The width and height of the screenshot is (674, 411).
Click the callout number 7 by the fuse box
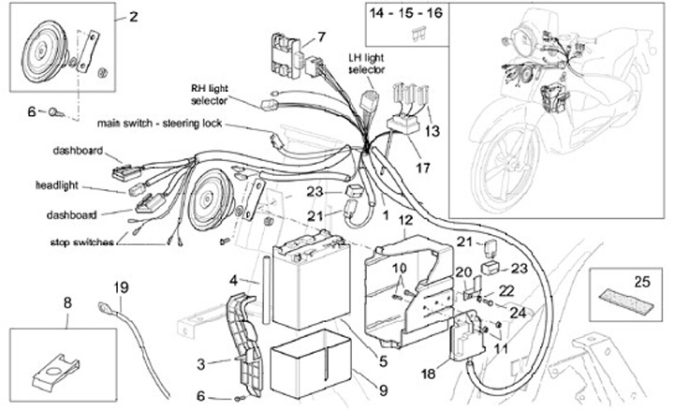321,37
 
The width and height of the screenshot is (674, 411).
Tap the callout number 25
642,282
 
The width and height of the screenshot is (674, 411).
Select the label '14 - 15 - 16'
405,13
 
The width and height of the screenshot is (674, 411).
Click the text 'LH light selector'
366,64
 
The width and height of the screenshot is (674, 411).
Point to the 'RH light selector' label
210,95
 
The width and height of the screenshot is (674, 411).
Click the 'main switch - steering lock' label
159,124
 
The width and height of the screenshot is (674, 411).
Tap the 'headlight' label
57,185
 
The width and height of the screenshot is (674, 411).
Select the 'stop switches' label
82,242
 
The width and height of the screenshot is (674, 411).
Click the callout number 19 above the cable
121,286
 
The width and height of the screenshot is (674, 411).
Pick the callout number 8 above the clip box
67,302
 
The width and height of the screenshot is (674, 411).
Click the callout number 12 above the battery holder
405,220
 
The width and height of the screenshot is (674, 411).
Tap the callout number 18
428,374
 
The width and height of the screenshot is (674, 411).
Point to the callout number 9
383,389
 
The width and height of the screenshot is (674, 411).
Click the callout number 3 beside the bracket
200,364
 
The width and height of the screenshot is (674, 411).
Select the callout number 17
423,168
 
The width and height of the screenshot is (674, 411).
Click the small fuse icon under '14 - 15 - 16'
418,34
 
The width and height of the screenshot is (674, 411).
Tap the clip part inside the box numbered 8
56,373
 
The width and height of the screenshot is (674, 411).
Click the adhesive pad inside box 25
626,301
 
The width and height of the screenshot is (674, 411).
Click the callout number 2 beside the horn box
134,16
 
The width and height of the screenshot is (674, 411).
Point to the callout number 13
432,131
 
